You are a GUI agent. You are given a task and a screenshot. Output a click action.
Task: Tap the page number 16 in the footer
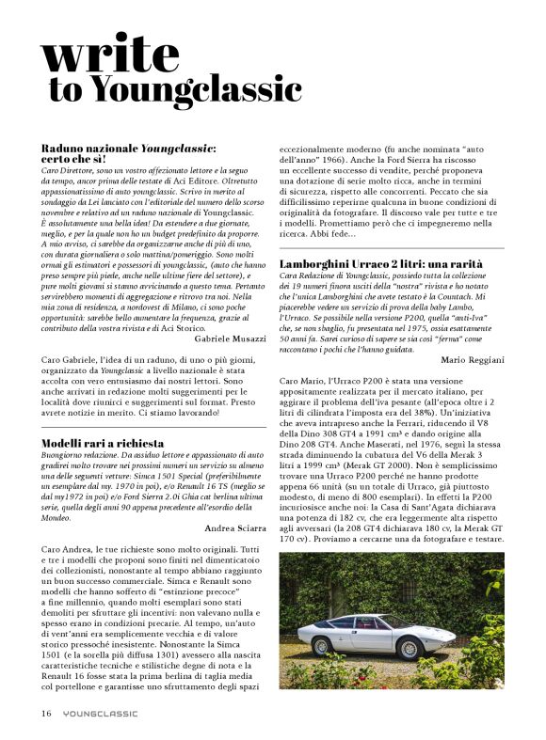(x=45, y=713)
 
